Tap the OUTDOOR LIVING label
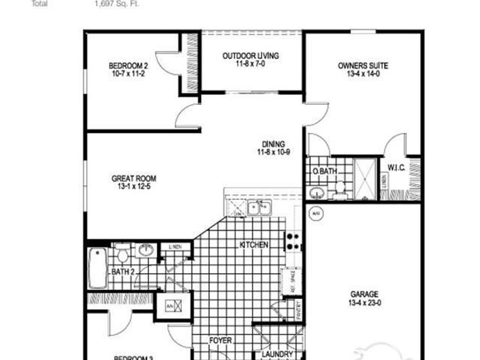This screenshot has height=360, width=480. click(250, 55)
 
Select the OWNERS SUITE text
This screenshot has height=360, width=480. click(363, 66)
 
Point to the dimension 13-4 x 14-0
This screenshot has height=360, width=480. click(363, 74)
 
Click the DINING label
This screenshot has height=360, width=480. click(273, 144)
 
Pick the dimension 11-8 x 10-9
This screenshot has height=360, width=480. click(273, 152)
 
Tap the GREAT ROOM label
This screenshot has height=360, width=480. click(134, 179)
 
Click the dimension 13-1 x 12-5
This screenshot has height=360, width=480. click(134, 187)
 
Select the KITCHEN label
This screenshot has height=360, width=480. click(253, 245)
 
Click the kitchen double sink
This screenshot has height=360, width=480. click(260, 207)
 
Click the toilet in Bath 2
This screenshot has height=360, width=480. click(123, 253)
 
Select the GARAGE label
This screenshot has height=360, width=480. click(364, 294)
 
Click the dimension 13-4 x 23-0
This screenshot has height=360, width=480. click(364, 302)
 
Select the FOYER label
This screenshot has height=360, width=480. click(220, 340)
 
